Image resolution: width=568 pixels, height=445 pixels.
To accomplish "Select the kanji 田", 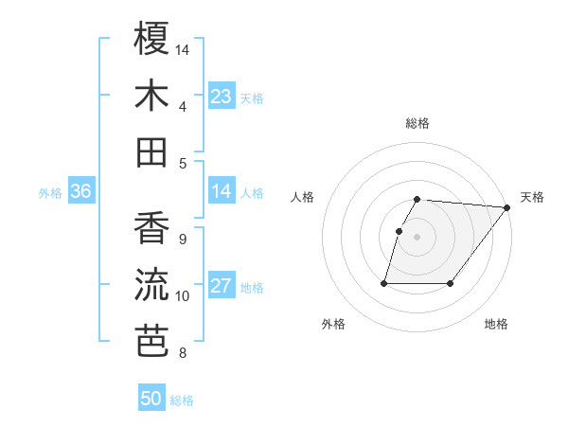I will (x=151, y=151).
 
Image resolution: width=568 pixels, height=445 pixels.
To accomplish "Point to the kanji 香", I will (x=151, y=227).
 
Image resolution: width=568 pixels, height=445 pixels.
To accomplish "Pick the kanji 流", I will (x=151, y=284).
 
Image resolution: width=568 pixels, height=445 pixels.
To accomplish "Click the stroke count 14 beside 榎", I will (x=183, y=48).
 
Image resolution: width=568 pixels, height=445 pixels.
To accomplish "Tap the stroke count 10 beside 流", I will (x=183, y=296).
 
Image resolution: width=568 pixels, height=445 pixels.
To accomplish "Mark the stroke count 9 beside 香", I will (x=182, y=240).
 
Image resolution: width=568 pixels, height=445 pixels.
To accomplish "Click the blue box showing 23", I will (x=222, y=96).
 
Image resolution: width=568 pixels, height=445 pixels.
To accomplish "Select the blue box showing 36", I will (x=80, y=191).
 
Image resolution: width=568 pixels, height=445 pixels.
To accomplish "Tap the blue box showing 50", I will (x=151, y=399).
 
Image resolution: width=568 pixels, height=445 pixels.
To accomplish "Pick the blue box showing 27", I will (x=222, y=286).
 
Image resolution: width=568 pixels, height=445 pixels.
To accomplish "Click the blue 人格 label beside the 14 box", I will (x=252, y=192).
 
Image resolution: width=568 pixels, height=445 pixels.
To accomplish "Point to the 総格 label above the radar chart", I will (x=417, y=123).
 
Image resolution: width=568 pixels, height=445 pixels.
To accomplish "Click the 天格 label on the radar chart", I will (x=532, y=197).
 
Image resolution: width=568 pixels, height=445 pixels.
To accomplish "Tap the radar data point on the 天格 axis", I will (x=507, y=207).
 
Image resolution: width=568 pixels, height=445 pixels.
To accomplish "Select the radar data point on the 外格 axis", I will (x=384, y=283).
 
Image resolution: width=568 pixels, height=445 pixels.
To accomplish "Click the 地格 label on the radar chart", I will (x=496, y=324).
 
